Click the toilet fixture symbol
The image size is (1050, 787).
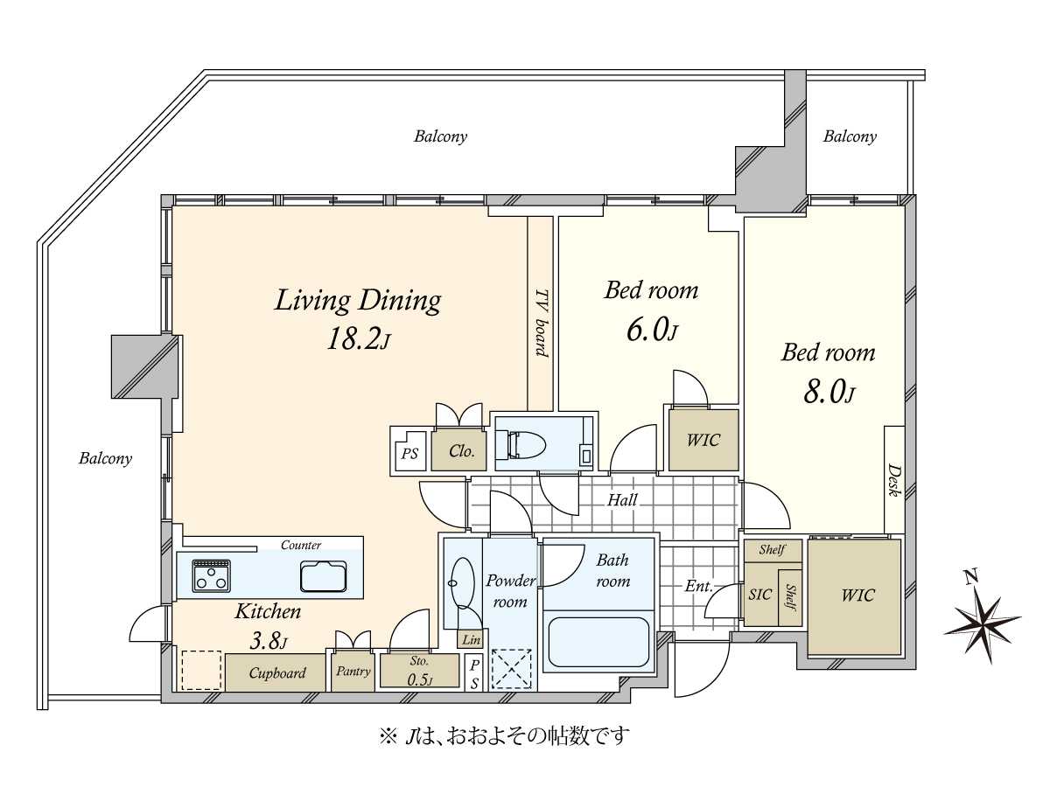(526, 443)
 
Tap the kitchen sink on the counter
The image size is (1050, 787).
(324, 575)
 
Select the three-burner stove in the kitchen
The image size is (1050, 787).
(211, 575)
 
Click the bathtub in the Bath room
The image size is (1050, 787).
(598, 642)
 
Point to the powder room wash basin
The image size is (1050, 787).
(462, 583)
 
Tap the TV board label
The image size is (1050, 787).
(541, 323)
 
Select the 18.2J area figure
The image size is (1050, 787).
(359, 340)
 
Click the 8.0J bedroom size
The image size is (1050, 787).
(829, 393)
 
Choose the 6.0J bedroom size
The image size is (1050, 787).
(652, 331)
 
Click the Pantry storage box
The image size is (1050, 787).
(353, 672)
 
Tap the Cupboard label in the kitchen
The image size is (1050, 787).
(277, 672)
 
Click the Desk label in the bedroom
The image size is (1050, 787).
(893, 479)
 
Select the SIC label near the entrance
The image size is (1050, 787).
(760, 595)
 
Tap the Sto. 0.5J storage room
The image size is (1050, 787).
(419, 671)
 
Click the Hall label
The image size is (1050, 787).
(622, 500)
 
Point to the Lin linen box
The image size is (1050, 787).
(471, 640)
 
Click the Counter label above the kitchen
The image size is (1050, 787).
(301, 545)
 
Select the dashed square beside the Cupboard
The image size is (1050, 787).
(201, 670)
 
